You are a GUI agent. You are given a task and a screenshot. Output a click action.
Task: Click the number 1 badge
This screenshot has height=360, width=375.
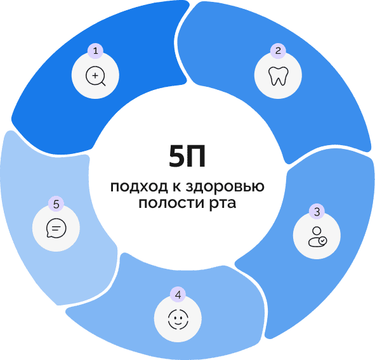[x=95, y=51]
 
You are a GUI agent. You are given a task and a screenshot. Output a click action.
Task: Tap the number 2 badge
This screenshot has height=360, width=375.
[x=278, y=51]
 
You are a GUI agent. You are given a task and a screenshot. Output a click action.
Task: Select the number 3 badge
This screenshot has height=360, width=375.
[x=317, y=212]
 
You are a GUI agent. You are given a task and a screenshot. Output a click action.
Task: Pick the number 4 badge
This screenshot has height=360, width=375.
[x=178, y=295]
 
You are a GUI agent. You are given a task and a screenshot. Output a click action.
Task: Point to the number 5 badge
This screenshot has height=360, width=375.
[x=56, y=204]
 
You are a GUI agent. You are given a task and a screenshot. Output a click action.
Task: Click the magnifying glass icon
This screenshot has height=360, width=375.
[x=96, y=76]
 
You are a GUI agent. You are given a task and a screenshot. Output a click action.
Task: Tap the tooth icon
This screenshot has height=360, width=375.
[x=278, y=75]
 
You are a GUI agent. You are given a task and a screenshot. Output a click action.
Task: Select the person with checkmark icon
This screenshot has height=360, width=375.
[x=318, y=236]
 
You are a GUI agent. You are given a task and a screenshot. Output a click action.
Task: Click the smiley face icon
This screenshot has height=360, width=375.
[x=178, y=319]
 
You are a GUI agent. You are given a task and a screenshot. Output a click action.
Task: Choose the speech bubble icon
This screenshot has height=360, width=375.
[x=56, y=228]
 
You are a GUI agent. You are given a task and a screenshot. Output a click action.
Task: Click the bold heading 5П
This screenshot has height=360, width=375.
[x=187, y=156]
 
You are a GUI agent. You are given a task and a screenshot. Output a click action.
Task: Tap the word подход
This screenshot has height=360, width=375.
[x=139, y=186]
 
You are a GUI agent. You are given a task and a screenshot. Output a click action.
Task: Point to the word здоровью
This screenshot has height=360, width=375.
[x=225, y=186]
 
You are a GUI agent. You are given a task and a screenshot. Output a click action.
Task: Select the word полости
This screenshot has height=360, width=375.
[x=171, y=203]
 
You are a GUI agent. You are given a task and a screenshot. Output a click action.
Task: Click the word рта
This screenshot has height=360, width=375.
[x=223, y=204]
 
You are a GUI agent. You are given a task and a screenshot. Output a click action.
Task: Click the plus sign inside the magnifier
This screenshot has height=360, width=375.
[x=95, y=75]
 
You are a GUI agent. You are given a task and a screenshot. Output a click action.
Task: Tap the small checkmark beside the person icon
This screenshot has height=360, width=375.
[x=322, y=241]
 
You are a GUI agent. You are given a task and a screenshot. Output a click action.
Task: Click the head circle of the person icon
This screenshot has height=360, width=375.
[x=317, y=231]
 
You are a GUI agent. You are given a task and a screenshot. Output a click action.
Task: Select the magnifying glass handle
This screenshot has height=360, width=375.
[x=103, y=84]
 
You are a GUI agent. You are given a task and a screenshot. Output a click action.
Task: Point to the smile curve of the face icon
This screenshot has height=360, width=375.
[x=178, y=323]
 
